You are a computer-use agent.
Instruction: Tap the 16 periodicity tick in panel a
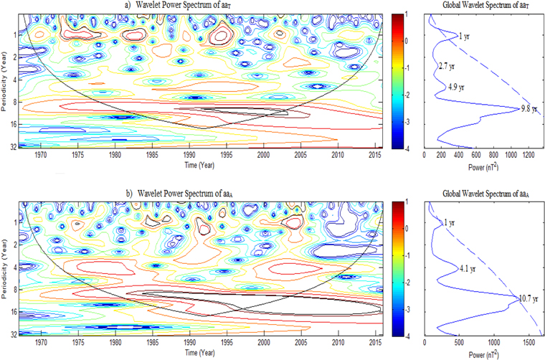click(14, 125)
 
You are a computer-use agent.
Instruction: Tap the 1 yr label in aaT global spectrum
click(464, 36)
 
